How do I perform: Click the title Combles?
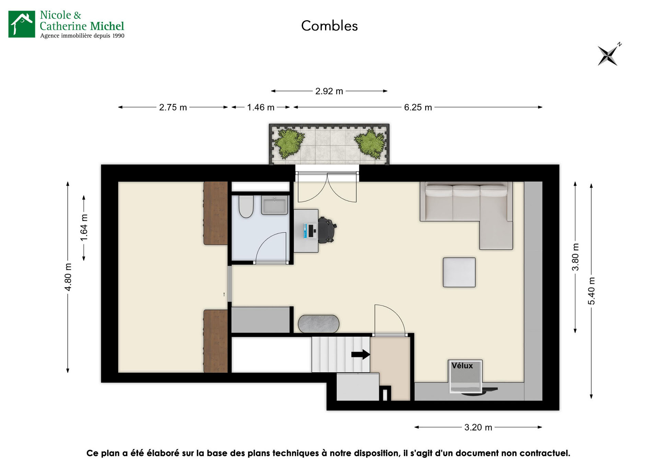click(329, 26)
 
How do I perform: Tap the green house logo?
click(22, 24)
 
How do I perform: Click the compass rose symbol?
click(608, 55)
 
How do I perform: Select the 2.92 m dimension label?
click(329, 91)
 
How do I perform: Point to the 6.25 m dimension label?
click(418, 107)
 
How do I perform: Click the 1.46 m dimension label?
click(261, 107)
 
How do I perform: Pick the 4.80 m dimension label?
click(68, 277)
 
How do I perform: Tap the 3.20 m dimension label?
click(478, 427)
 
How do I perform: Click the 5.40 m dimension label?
click(591, 291)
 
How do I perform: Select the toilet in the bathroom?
click(246, 207)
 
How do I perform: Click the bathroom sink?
click(274, 205)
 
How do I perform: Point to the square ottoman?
click(459, 272)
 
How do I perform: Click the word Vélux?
click(462, 366)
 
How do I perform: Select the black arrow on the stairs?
click(360, 354)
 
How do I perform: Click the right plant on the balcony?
click(370, 143)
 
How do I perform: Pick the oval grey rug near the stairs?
click(319, 324)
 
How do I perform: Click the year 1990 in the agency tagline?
click(118, 36)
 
